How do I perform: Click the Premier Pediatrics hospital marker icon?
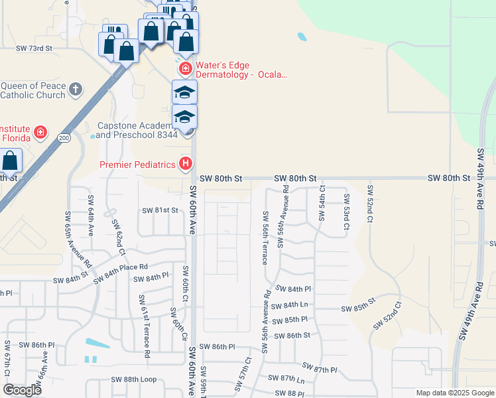coord(186,163)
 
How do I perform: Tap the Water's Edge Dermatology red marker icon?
coord(185,68)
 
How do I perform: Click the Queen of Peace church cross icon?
coord(76,88)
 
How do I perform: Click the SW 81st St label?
coord(160,210)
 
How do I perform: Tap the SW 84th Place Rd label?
coord(121,273)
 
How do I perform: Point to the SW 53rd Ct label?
coord(346,212)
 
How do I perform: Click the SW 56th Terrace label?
coord(265,237)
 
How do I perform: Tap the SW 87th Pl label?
coord(320,367)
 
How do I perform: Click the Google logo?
coord(22,390)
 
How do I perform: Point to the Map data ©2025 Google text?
coord(454,393)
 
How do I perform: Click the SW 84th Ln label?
coord(290,305)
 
